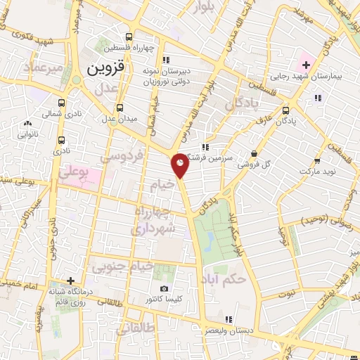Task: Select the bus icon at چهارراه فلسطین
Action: [x=128, y=37]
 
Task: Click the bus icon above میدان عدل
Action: [x=120, y=108]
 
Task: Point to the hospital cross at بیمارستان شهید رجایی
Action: [x=307, y=65]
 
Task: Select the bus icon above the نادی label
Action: [x=63, y=140]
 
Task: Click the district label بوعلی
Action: [x=75, y=170]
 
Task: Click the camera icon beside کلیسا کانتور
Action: [x=164, y=288]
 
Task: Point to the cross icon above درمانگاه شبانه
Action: [x=70, y=280]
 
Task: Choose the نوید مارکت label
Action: [x=319, y=172]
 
